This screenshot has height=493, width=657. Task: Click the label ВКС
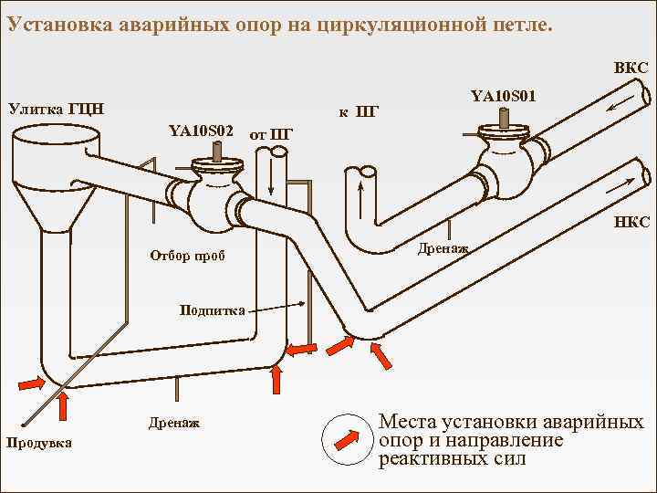point(631,68)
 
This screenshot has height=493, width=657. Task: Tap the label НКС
point(631,222)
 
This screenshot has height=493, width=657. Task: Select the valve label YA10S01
point(503,94)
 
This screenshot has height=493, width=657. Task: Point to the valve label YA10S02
point(202,131)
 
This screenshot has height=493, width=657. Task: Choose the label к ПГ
point(358,112)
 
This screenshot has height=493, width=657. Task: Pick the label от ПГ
point(270,135)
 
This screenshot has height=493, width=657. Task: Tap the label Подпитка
point(213,311)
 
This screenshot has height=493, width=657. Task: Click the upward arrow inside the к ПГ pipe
point(362,196)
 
